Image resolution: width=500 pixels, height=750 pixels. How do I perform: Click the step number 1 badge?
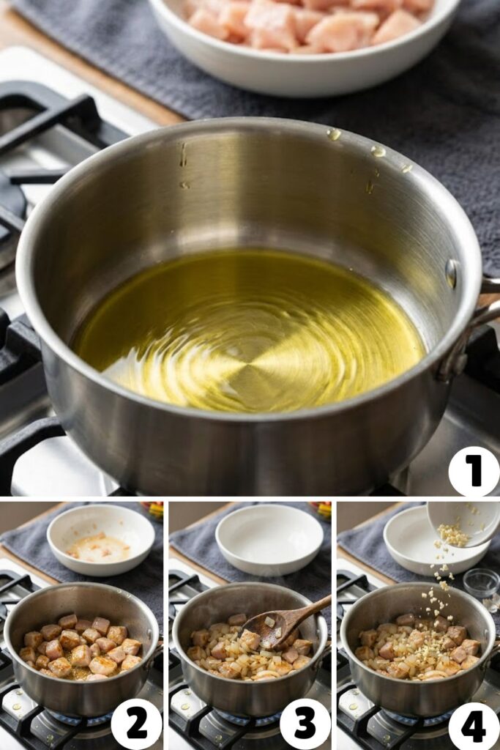tap(473, 471)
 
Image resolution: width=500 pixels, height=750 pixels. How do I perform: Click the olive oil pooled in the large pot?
tap(249, 330)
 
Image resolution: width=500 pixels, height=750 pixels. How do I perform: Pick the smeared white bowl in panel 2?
tap(100, 540)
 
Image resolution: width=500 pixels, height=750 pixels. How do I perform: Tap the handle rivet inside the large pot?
tap(451, 273)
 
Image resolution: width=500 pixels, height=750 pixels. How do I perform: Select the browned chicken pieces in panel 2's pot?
tap(81, 646)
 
